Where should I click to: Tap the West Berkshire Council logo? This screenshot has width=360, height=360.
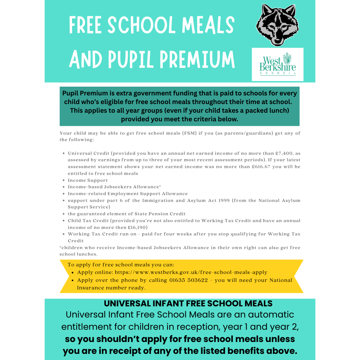click(x=278, y=64)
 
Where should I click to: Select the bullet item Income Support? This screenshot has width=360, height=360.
click(x=88, y=180)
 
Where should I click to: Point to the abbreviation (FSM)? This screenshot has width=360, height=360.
click(x=202, y=133)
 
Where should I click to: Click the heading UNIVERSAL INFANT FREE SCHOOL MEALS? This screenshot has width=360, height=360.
click(x=188, y=303)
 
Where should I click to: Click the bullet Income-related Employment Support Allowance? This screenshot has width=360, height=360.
click(x=128, y=194)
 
